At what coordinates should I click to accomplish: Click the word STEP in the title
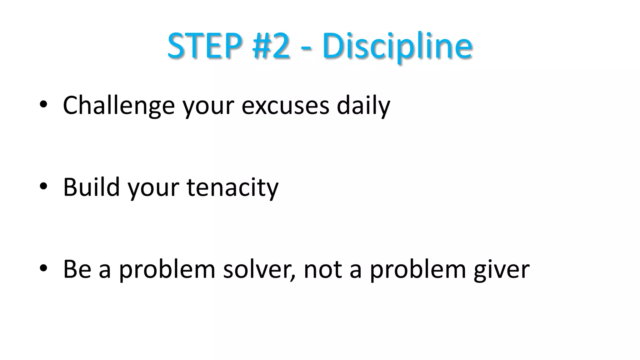205,46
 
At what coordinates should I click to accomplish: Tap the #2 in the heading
271,46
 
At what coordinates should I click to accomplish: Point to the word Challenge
118,106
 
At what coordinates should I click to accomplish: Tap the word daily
363,106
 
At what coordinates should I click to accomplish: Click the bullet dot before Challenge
43,105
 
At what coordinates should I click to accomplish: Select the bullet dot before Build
43,187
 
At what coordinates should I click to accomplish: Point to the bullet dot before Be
43,268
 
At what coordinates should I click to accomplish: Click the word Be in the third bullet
77,269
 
